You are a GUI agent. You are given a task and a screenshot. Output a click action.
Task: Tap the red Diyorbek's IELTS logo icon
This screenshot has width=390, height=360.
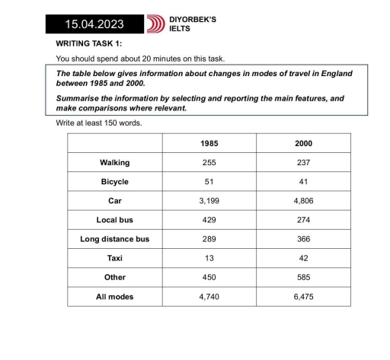(x=158, y=24)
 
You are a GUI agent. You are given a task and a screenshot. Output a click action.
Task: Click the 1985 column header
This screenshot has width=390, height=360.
(x=209, y=143)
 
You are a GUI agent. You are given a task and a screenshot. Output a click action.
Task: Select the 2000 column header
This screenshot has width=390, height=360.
(x=303, y=143)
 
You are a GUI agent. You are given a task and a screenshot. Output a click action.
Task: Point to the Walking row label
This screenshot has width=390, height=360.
(x=114, y=162)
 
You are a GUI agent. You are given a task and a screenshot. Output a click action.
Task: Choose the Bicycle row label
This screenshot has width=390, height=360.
(x=114, y=182)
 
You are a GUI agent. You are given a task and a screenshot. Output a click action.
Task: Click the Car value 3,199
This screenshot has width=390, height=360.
(x=209, y=201)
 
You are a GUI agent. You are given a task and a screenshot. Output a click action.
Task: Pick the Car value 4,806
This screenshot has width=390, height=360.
(x=303, y=201)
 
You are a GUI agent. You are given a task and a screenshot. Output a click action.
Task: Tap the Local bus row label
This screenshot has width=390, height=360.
(x=114, y=220)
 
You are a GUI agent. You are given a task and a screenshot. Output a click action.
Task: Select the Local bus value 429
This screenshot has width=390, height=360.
(x=209, y=220)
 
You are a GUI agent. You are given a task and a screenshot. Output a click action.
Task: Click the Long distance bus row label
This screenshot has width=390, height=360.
(x=114, y=239)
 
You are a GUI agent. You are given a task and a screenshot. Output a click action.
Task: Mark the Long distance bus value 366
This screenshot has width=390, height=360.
(x=303, y=239)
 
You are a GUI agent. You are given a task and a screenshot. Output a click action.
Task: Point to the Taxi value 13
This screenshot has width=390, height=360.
(x=209, y=258)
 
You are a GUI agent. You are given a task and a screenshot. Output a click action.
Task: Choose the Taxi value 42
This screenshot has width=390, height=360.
(x=303, y=258)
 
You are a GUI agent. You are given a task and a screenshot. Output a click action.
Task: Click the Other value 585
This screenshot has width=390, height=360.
(x=303, y=278)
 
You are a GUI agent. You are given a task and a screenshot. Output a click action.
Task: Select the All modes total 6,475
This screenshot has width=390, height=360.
(x=303, y=297)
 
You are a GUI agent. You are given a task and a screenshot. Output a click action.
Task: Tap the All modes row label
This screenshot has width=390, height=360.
(x=114, y=297)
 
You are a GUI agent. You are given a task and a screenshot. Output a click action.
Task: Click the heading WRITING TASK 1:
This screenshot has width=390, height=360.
(x=89, y=44)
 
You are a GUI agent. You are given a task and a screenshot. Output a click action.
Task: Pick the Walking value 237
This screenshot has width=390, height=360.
(x=303, y=162)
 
